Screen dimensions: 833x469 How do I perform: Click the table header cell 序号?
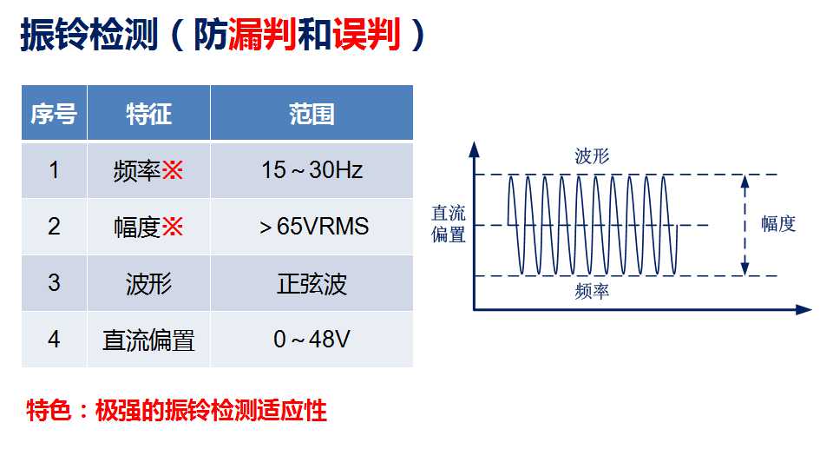tap(54, 113)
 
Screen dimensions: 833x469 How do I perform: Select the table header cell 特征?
tap(148, 113)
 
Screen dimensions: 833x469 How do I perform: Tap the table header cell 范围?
tap(312, 113)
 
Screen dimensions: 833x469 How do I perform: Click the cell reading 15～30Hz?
tap(312, 170)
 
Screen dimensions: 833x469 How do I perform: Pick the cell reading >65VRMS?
tap(312, 227)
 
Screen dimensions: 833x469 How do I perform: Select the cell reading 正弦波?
tap(312, 283)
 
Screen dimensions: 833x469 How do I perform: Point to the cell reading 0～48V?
tap(312, 340)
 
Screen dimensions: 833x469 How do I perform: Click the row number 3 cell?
tap(54, 283)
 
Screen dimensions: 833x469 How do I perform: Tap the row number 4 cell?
tap(54, 340)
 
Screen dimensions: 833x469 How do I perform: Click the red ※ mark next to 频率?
tap(172, 171)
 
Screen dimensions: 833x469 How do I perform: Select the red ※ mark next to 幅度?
tap(172, 227)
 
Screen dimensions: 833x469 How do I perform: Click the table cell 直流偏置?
tap(148, 340)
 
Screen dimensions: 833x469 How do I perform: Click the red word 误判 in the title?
tap(366, 35)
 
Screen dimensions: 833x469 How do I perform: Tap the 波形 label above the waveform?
tap(592, 156)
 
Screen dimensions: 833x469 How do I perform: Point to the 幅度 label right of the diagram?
tap(778, 224)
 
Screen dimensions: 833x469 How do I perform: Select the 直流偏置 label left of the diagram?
tap(449, 224)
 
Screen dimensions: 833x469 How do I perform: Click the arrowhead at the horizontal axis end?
tap(803, 309)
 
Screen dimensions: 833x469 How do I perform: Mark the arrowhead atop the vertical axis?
tap(475, 149)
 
